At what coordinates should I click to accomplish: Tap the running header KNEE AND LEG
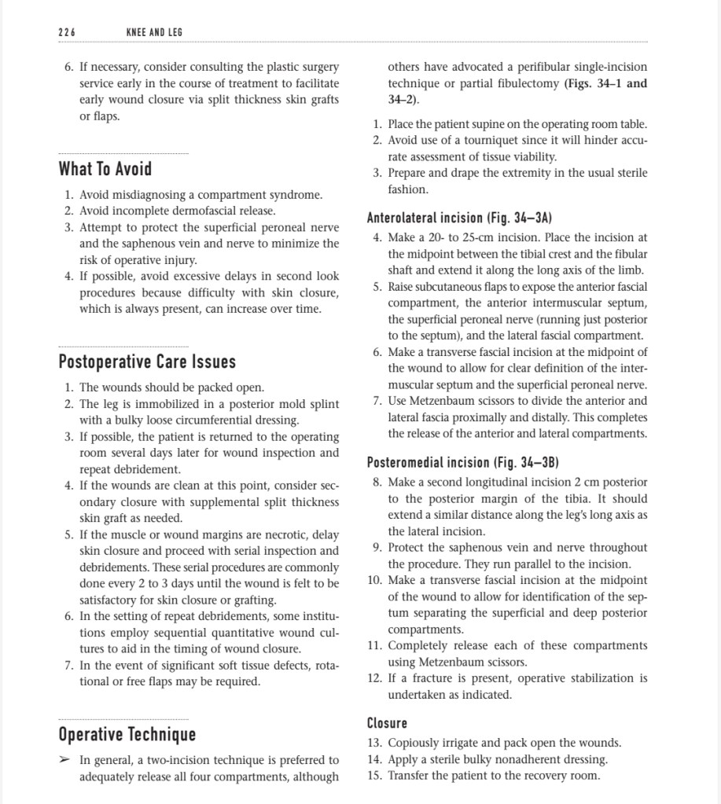tap(154, 32)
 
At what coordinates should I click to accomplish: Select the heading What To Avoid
tap(105, 169)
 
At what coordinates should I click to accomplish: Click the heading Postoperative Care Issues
tap(147, 362)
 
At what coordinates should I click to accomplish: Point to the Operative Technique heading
tap(127, 734)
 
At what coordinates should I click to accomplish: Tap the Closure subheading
tap(387, 722)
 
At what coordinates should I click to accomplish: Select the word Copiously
tap(418, 743)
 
